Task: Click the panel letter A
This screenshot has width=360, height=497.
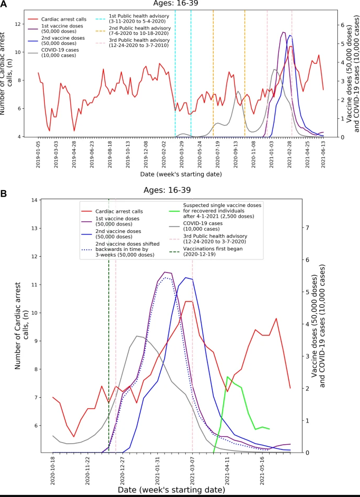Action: coord(4,4)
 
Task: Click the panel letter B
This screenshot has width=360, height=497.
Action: coord(4,193)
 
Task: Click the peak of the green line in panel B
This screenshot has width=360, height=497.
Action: coord(227,377)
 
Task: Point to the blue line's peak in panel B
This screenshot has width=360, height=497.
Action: coord(185,277)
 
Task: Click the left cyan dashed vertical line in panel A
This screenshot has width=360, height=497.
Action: coord(175,79)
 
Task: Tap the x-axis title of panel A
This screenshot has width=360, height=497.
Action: coord(179,173)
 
